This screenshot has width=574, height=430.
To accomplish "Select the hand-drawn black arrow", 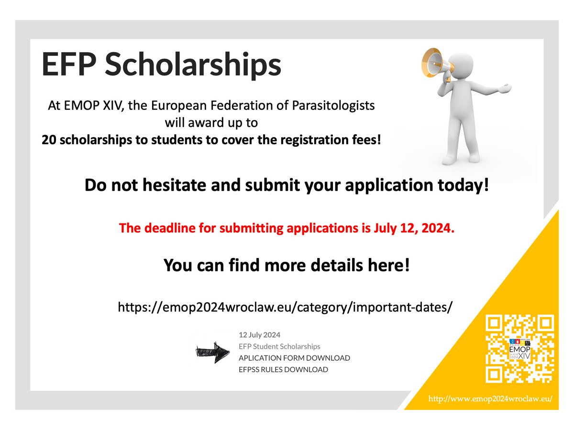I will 210,351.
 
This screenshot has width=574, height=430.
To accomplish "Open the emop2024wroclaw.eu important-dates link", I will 285,307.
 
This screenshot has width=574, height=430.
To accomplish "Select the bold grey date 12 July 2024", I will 260,334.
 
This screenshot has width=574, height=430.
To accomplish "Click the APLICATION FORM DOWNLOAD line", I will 294,358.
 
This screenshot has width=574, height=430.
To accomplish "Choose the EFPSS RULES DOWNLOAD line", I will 283,369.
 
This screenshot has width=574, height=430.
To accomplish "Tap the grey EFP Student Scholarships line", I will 279,346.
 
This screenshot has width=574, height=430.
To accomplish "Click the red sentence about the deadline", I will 286,229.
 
